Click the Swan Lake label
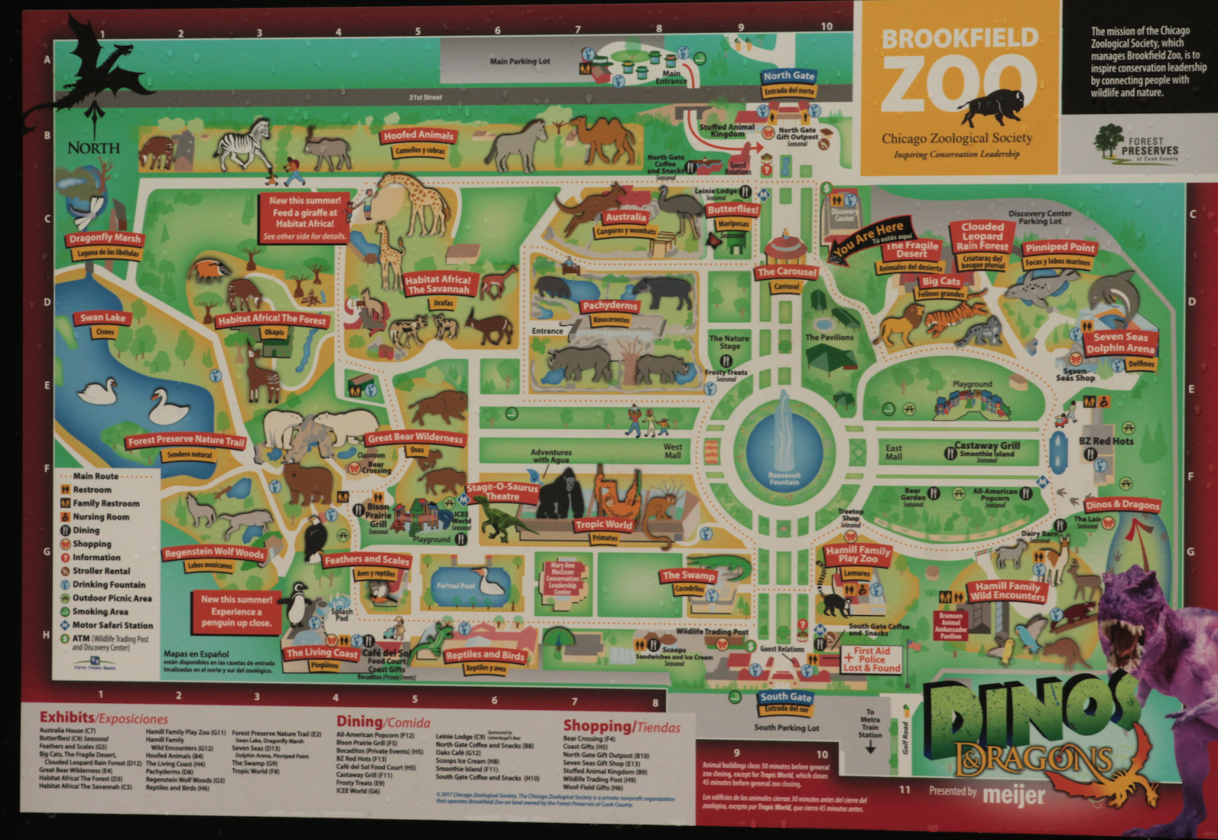click(103, 318)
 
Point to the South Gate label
click(786, 697)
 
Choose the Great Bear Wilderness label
click(415, 438)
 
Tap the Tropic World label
click(603, 525)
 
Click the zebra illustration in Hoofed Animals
click(244, 145)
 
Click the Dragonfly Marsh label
click(105, 238)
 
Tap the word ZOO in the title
click(958, 86)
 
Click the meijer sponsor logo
click(1014, 795)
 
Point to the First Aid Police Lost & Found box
click(871, 659)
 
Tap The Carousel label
click(787, 272)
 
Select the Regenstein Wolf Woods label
click(213, 553)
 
